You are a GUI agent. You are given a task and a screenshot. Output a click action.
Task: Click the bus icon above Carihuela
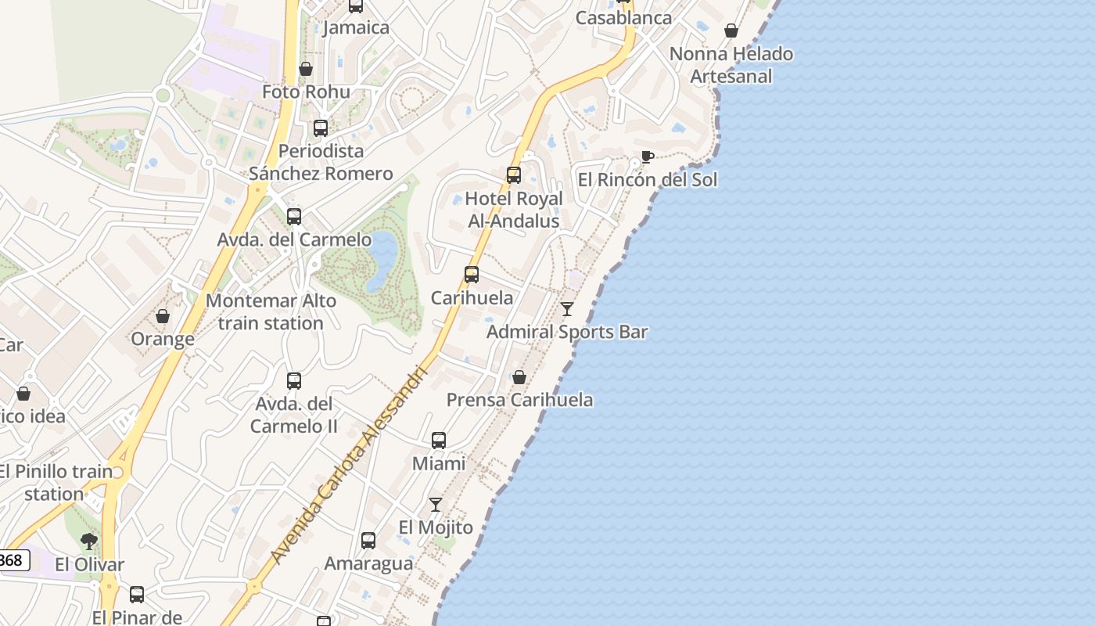[x=472, y=275]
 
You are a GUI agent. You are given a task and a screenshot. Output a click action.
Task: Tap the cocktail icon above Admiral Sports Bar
[x=567, y=309]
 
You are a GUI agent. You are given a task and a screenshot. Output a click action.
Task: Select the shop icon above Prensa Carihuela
[x=519, y=377]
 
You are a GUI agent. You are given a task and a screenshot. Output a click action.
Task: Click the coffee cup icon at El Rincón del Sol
[x=647, y=156]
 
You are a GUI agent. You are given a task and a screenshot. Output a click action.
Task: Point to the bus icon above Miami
[x=439, y=441]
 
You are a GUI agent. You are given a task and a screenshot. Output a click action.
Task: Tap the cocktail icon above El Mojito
[x=436, y=505]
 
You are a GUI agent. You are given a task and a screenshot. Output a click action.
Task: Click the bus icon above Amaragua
[x=368, y=541]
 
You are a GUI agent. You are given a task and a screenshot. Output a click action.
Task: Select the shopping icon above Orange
[x=163, y=316]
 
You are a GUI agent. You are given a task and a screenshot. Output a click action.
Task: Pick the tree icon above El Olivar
[x=89, y=541]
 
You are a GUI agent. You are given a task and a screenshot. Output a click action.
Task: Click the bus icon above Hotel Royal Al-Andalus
[x=514, y=175]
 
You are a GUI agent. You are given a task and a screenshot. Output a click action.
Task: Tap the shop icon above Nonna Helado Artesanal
[x=731, y=31]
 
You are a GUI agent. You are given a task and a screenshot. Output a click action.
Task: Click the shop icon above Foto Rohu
[x=306, y=69]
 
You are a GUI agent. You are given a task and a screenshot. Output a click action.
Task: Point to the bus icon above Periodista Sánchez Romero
[x=321, y=128]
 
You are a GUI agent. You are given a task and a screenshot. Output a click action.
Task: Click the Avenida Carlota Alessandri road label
[x=349, y=463]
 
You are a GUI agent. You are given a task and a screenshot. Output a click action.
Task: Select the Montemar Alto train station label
[x=271, y=311]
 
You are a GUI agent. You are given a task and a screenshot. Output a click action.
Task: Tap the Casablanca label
[x=623, y=17]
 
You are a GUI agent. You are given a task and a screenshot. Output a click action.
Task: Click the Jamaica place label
[x=356, y=27]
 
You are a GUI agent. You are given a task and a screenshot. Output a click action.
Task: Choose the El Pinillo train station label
[x=55, y=482]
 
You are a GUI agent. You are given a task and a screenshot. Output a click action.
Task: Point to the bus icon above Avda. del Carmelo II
[x=294, y=381]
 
